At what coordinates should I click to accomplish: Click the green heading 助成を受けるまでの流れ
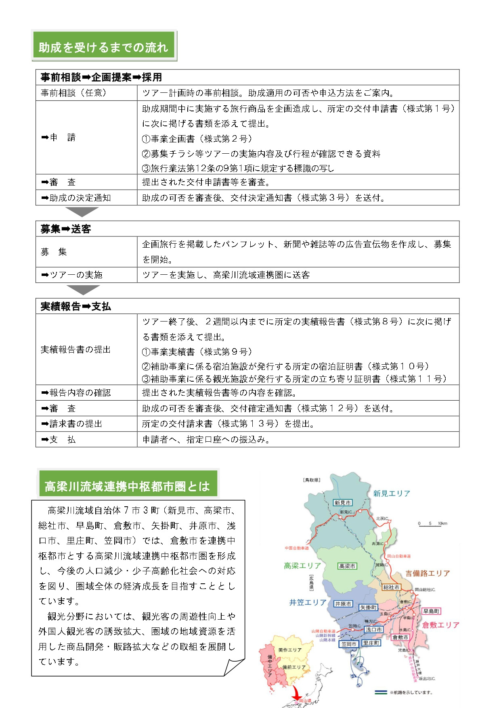pos(103,47)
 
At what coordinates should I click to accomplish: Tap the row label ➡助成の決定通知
pos(76,198)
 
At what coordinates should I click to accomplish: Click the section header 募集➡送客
pos(66,229)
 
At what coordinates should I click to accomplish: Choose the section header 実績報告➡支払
pos(75,307)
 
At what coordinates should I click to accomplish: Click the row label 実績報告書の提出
pos(75,350)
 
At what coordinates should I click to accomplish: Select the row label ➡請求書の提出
pos(72,424)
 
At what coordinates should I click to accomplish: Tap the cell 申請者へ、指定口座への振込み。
pos(206,440)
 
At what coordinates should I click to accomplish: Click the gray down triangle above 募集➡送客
pos(82,211)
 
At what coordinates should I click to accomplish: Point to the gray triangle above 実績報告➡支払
pos(83,289)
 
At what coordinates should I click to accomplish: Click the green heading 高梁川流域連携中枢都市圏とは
pos(127,486)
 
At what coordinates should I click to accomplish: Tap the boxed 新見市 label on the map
pos(342,503)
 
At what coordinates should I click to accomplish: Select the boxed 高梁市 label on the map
pos(347,566)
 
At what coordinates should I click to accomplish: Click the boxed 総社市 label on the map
pos(391,587)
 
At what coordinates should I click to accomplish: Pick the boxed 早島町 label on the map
pos(431,611)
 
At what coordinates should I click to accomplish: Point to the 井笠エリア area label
pos(308,602)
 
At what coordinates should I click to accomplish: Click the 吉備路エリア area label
pos(428,573)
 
